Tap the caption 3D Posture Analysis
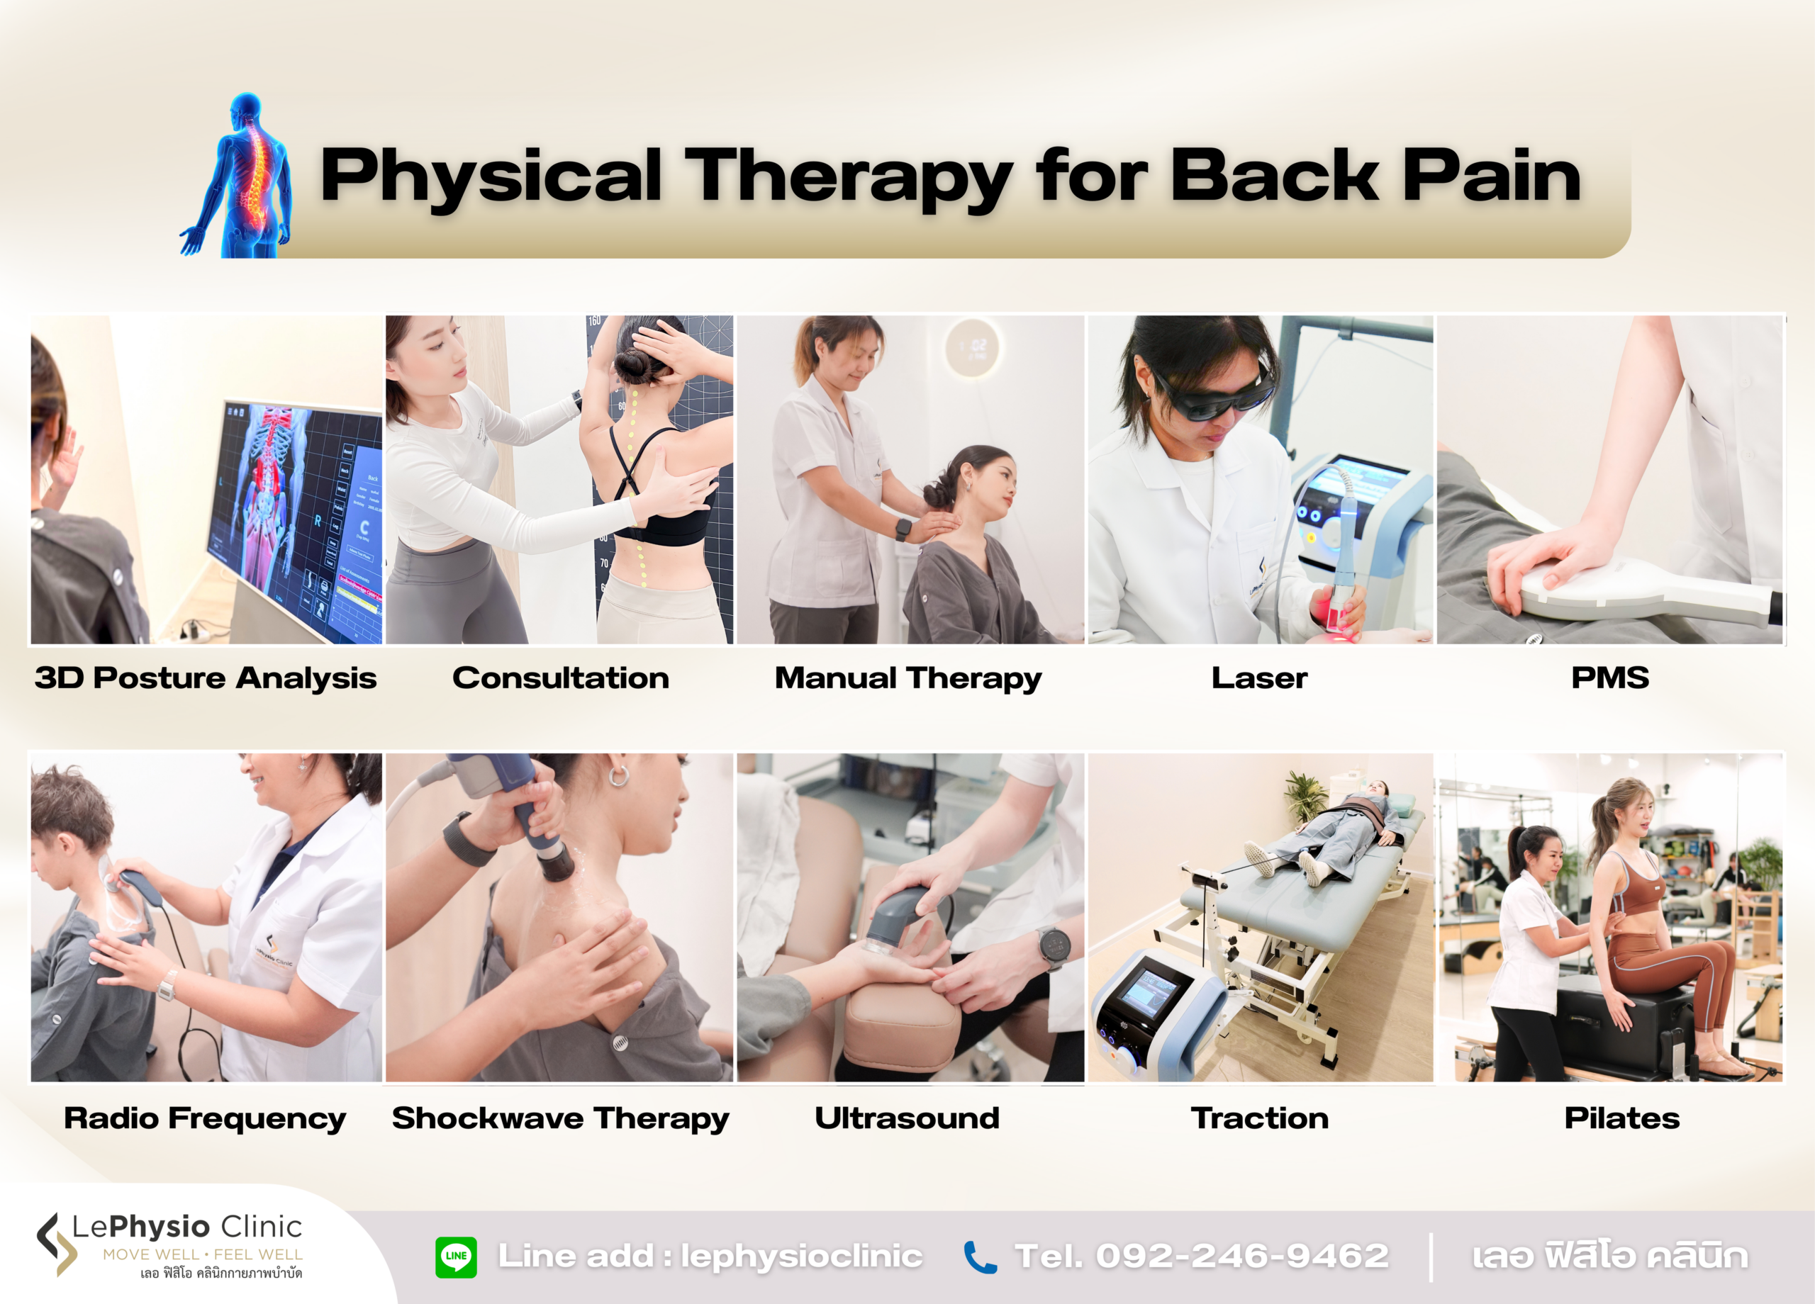point(206,678)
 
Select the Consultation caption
point(560,678)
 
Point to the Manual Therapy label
point(908,678)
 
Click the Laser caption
point(1259,678)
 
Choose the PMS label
point(1609,678)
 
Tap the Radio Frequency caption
point(205,1118)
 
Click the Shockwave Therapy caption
point(560,1118)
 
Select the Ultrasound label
point(907,1118)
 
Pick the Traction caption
point(1259,1118)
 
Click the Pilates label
point(1621,1118)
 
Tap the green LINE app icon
point(456,1256)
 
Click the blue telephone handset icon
point(980,1257)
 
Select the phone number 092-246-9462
point(1242,1256)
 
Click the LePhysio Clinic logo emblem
point(56,1243)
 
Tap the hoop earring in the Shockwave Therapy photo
point(619,775)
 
